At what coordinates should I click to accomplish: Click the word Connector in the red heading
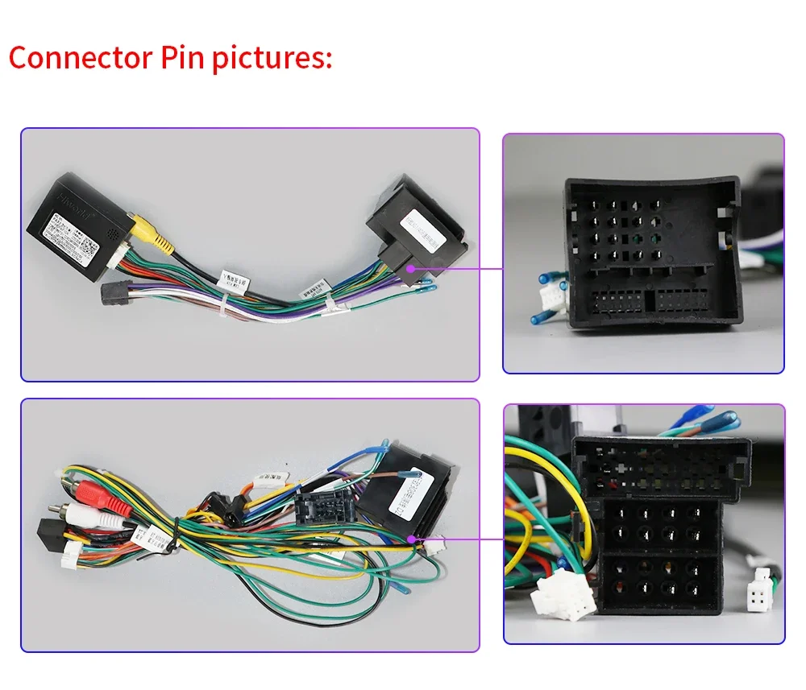(81, 58)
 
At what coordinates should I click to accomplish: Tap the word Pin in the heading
(183, 58)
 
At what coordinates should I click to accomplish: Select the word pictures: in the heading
(273, 60)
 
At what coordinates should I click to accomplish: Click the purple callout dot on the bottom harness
(419, 540)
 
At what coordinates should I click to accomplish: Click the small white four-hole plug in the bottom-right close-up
(758, 597)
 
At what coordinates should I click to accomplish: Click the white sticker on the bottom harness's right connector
(409, 500)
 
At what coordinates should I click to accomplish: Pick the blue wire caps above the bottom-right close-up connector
(709, 423)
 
